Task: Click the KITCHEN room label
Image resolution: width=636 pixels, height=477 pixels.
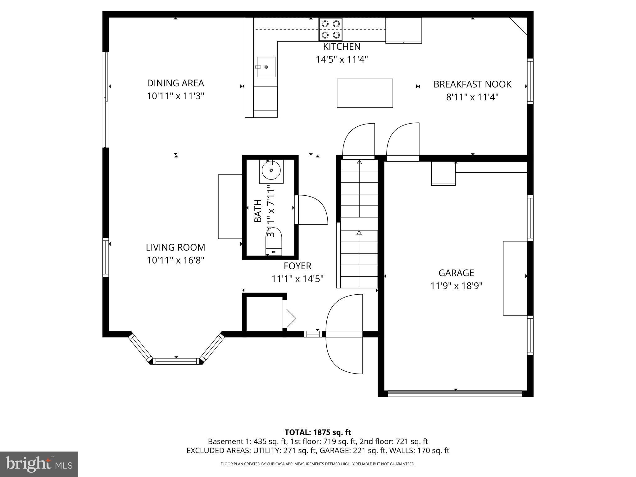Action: pyautogui.click(x=342, y=47)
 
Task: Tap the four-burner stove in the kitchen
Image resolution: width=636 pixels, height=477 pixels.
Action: pyautogui.click(x=330, y=29)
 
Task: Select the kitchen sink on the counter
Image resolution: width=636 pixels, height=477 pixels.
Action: pyautogui.click(x=266, y=67)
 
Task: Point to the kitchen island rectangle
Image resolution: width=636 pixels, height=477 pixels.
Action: pyautogui.click(x=365, y=93)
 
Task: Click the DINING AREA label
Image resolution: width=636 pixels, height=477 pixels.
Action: pyautogui.click(x=175, y=83)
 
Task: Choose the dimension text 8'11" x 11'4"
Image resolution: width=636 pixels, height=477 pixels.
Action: pyautogui.click(x=472, y=98)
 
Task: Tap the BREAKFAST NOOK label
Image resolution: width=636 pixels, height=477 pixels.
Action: pyautogui.click(x=472, y=84)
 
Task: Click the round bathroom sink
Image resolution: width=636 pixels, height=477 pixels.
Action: pyautogui.click(x=271, y=170)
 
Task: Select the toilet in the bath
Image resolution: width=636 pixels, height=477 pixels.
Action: pyautogui.click(x=274, y=241)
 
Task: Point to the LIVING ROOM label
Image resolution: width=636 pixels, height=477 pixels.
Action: pyautogui.click(x=175, y=248)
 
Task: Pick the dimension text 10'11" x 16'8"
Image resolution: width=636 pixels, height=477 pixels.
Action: pyautogui.click(x=175, y=260)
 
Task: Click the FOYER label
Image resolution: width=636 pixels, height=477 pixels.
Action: pyautogui.click(x=298, y=266)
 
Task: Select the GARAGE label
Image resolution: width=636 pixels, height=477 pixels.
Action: pyautogui.click(x=456, y=273)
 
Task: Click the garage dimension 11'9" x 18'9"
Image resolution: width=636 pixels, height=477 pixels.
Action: pyautogui.click(x=456, y=286)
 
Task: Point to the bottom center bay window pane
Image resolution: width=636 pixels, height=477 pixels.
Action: pyautogui.click(x=176, y=361)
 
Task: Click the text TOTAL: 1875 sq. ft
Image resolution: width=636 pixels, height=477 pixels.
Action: pyautogui.click(x=318, y=432)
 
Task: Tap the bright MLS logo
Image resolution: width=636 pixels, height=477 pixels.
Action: pyautogui.click(x=39, y=464)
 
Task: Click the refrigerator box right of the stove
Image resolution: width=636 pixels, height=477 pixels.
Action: pyautogui.click(x=404, y=30)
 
